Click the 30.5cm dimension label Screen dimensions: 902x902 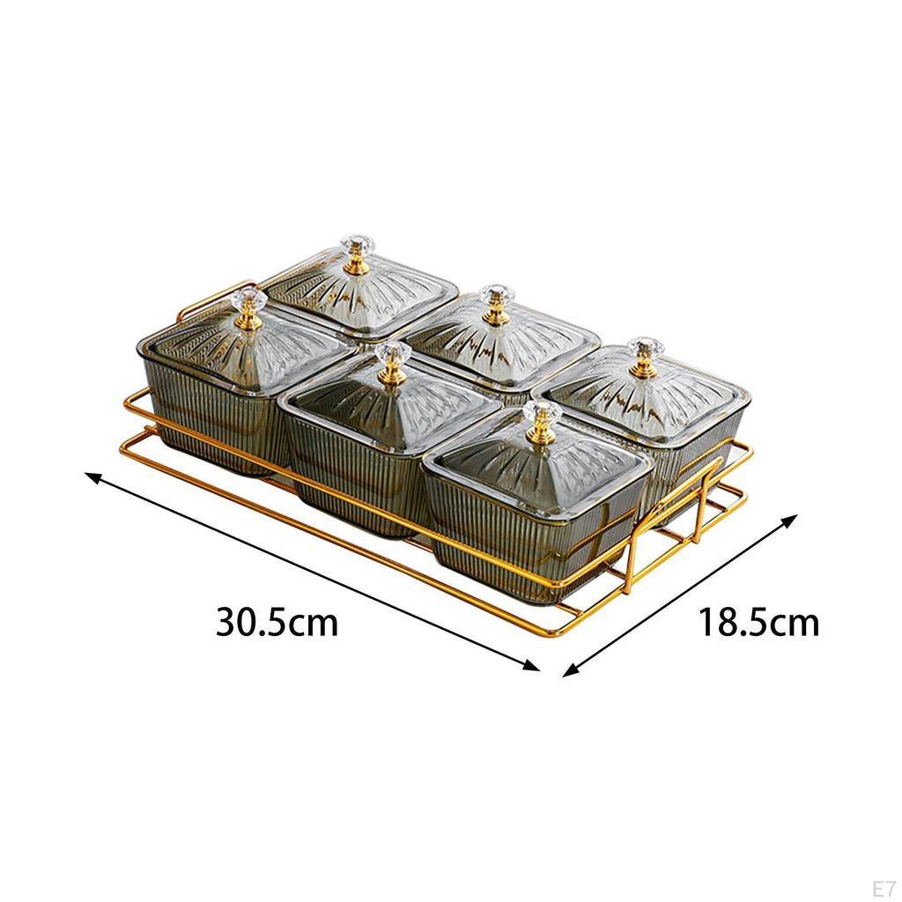(277, 622)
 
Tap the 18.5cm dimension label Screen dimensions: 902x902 (758, 622)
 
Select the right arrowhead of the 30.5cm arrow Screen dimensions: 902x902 (531, 666)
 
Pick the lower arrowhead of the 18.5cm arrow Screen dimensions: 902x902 (570, 669)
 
